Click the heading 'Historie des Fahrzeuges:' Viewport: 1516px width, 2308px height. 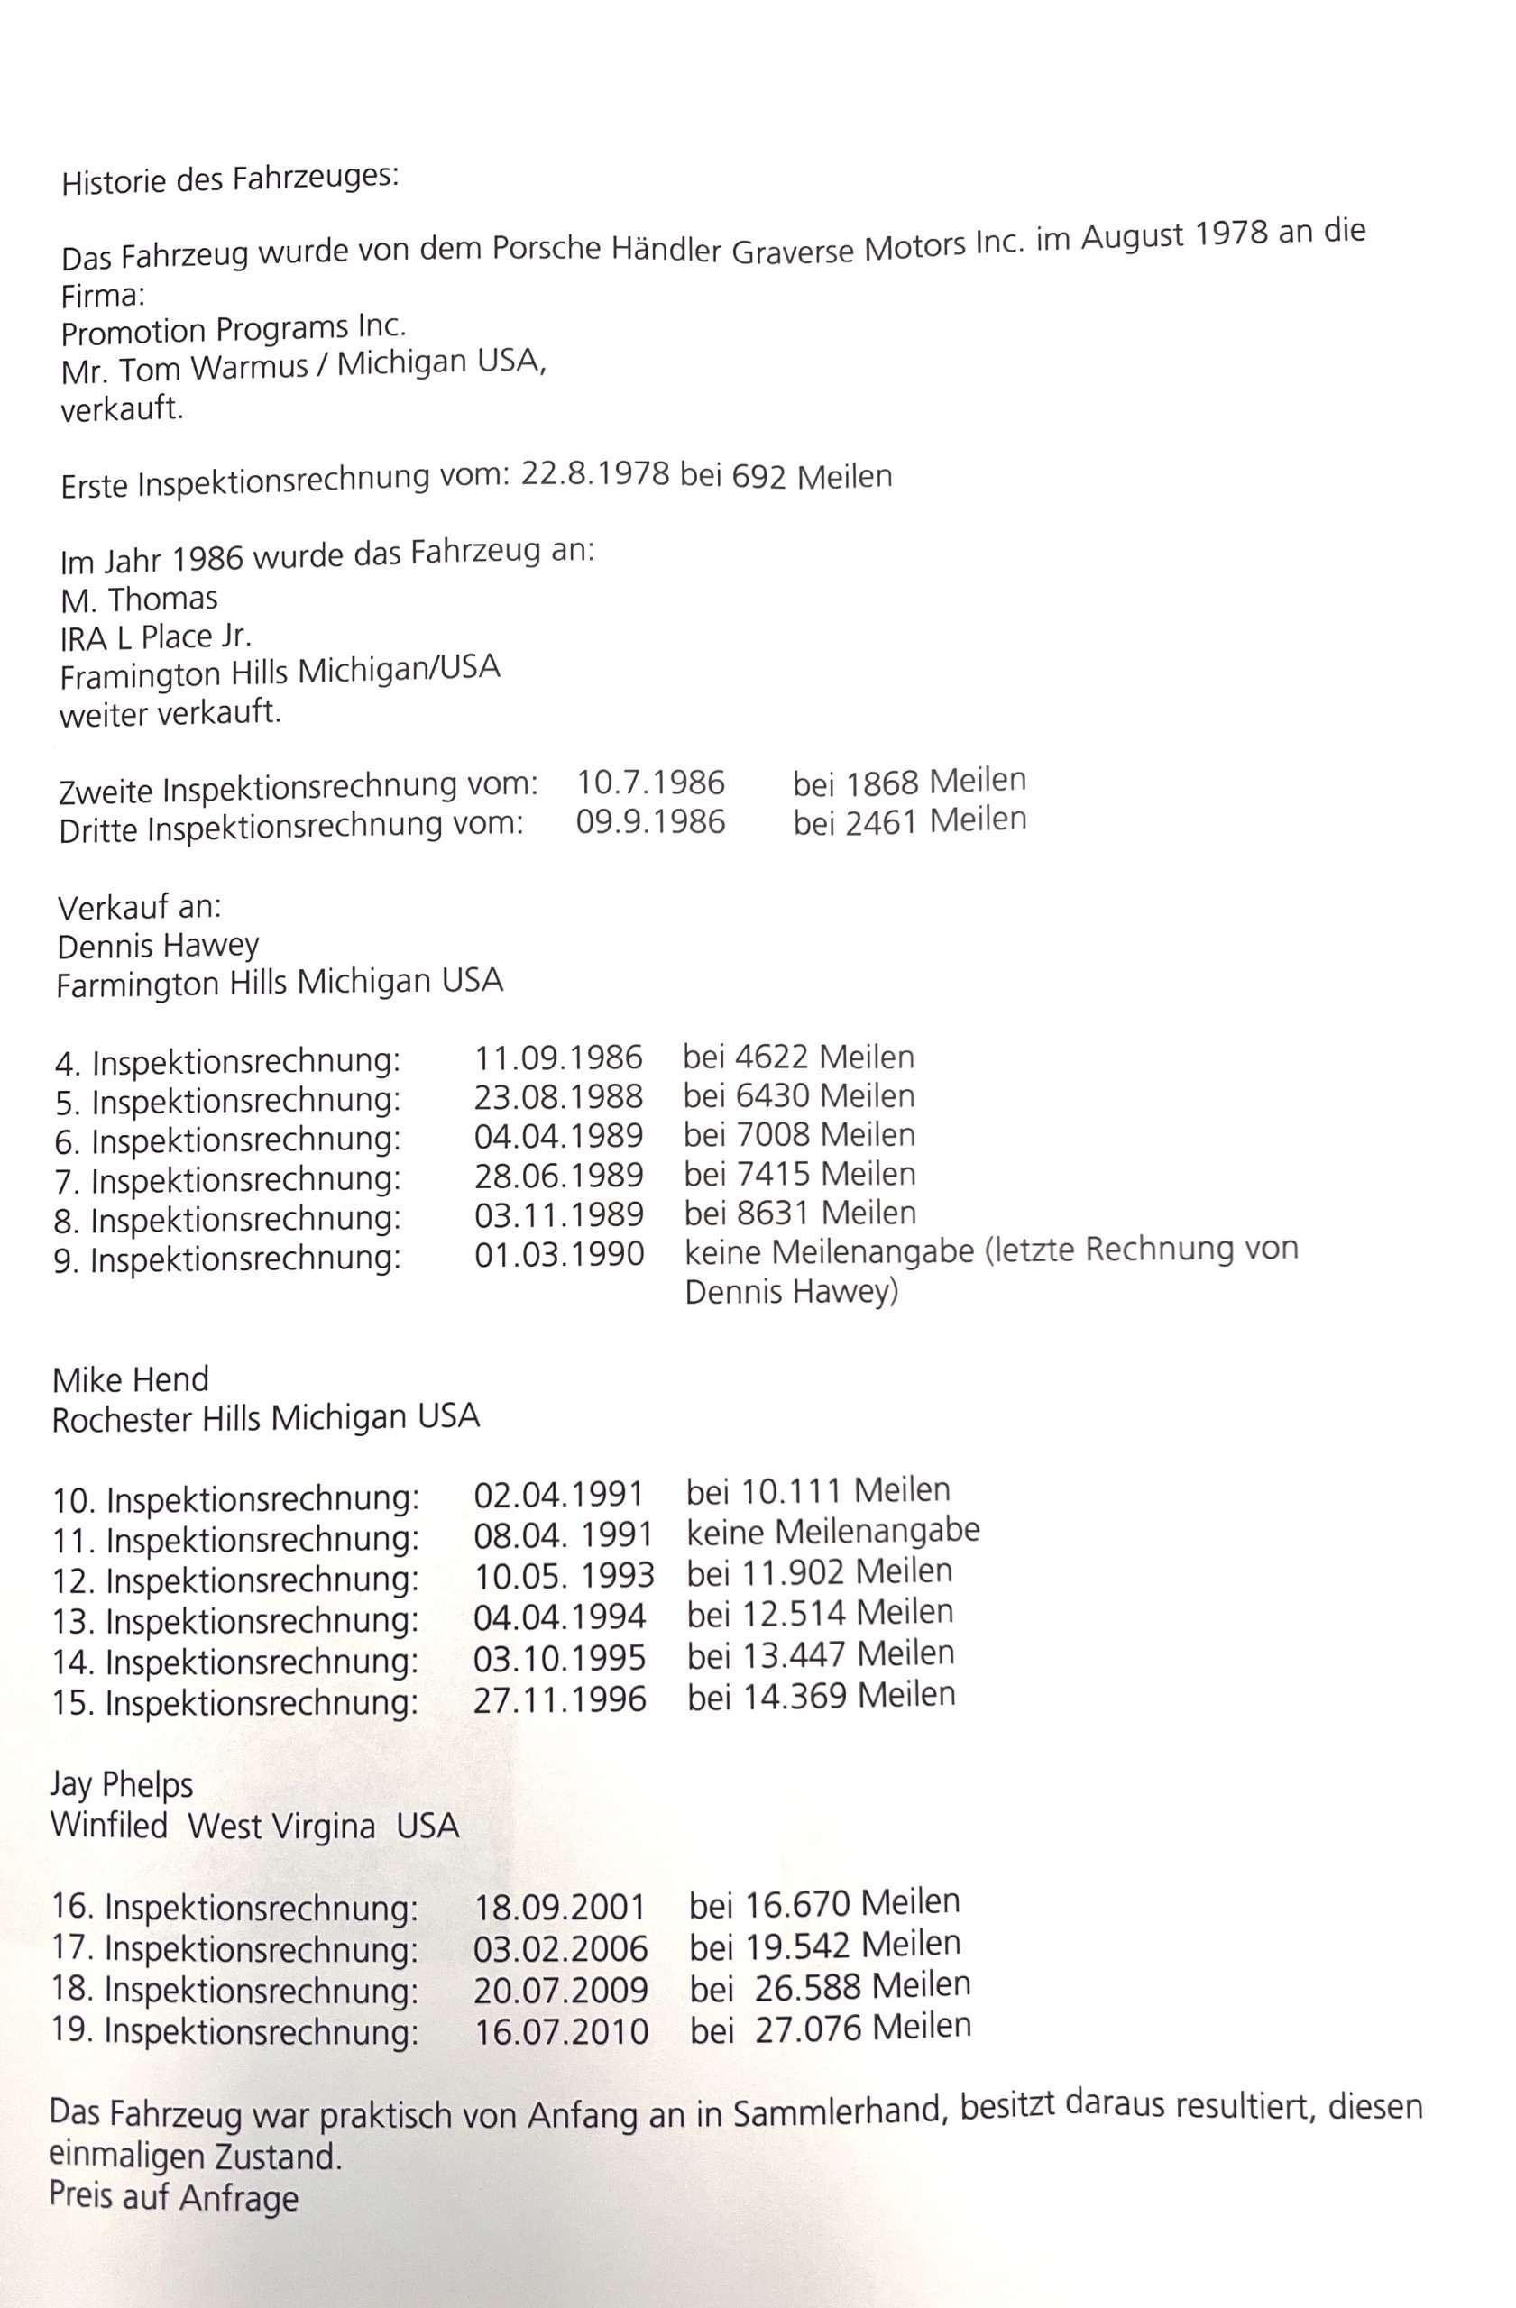click(x=230, y=180)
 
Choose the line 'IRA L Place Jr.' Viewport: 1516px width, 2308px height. click(x=155, y=637)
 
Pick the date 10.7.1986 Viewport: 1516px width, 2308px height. click(x=651, y=783)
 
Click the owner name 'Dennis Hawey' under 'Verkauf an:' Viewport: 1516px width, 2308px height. click(x=158, y=946)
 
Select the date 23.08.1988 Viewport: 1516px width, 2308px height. click(x=558, y=1097)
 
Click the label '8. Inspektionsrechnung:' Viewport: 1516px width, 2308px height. click(x=227, y=1219)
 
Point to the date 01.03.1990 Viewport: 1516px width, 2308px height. click(x=558, y=1255)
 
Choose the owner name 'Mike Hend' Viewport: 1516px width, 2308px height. click(x=130, y=1379)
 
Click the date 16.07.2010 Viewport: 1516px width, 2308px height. click(x=561, y=2030)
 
